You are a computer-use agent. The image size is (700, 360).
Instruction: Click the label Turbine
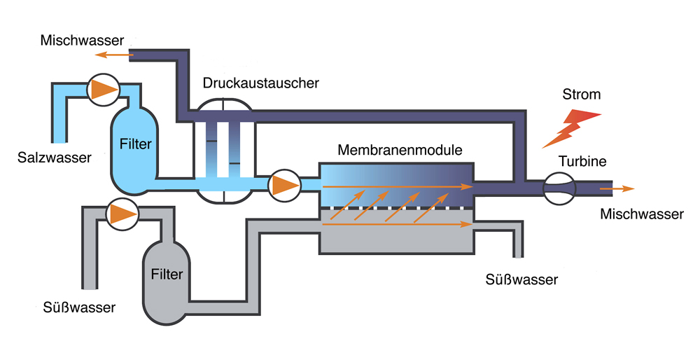(582, 162)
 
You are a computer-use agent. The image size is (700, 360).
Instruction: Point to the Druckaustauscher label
(261, 83)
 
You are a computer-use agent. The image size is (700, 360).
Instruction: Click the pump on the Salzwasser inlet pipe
(104, 89)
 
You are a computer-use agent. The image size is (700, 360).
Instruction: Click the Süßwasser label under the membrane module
(522, 280)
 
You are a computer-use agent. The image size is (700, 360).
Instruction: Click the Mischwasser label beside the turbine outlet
(642, 214)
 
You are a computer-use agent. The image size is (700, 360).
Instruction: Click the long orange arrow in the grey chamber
(396, 225)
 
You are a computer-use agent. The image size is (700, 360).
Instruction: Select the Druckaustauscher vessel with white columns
(225, 150)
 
